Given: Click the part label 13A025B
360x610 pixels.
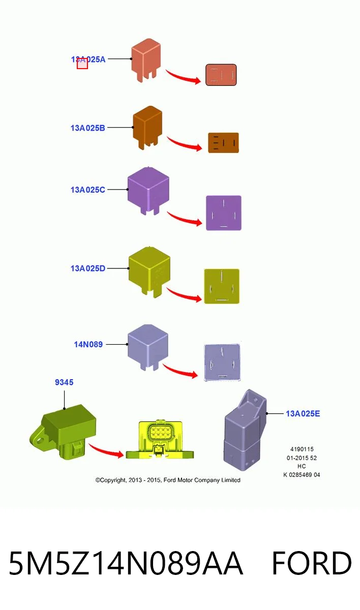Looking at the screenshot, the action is click(x=87, y=128).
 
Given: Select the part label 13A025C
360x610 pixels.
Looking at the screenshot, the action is click(x=87, y=190).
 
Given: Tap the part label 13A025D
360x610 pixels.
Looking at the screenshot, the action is click(x=87, y=268).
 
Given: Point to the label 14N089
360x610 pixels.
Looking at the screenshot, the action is click(x=88, y=345).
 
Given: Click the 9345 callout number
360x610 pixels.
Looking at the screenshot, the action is click(x=64, y=382).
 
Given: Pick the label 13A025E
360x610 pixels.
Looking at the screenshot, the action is click(x=303, y=414).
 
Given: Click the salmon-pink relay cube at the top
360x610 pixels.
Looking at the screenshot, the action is click(x=146, y=60).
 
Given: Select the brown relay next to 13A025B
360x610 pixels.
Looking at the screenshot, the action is click(x=147, y=128).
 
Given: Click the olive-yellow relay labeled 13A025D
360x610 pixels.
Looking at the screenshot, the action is click(x=149, y=272).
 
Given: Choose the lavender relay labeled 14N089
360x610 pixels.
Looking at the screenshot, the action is click(x=148, y=348).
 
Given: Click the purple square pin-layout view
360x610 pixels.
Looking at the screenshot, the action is click(x=224, y=213).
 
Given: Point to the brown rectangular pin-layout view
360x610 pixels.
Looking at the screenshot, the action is click(x=224, y=143).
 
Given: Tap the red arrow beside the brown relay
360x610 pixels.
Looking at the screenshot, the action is click(x=185, y=144).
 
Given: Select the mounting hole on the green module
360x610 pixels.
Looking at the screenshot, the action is click(x=40, y=440).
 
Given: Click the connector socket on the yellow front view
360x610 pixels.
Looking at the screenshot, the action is click(x=160, y=432).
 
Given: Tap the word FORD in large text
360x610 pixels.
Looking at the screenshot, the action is click(x=312, y=563).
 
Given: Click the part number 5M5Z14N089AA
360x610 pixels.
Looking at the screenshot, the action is click(x=126, y=563).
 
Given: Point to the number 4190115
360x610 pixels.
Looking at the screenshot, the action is click(x=302, y=449).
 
